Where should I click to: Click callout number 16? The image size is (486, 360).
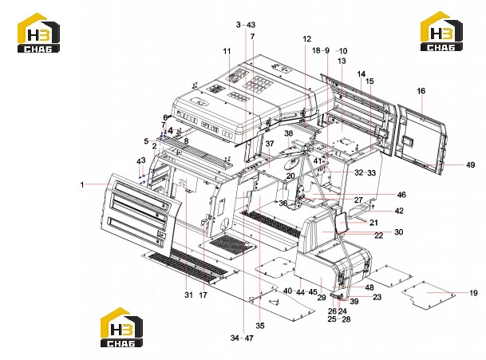tap(421, 91)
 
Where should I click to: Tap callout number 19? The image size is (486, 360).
tap(473, 293)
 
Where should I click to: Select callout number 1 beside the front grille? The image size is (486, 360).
tap(82, 185)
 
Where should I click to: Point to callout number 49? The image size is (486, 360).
tap(470, 164)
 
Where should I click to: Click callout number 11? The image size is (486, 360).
tap(227, 51)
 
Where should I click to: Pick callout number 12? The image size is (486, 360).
tap(306, 39)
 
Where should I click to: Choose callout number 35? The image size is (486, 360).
tap(260, 326)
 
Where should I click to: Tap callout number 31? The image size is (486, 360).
tap(189, 295)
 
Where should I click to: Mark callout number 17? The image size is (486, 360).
tap(203, 295)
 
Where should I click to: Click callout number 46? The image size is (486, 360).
tap(401, 195)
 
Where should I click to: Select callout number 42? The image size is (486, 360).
tap(399, 211)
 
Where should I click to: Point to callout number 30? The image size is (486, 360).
tap(398, 232)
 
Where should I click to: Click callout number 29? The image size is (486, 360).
tap(322, 298)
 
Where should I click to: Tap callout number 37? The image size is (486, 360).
tap(270, 144)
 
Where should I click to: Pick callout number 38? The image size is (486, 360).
tap(289, 133)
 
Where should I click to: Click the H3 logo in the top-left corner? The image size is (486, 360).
tap(38, 33)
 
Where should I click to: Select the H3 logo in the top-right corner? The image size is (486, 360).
tap(441, 31)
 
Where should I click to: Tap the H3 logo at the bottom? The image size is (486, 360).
tap(121, 327)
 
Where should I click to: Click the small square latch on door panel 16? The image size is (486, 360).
tap(408, 141)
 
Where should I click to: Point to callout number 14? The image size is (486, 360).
tap(361, 74)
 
